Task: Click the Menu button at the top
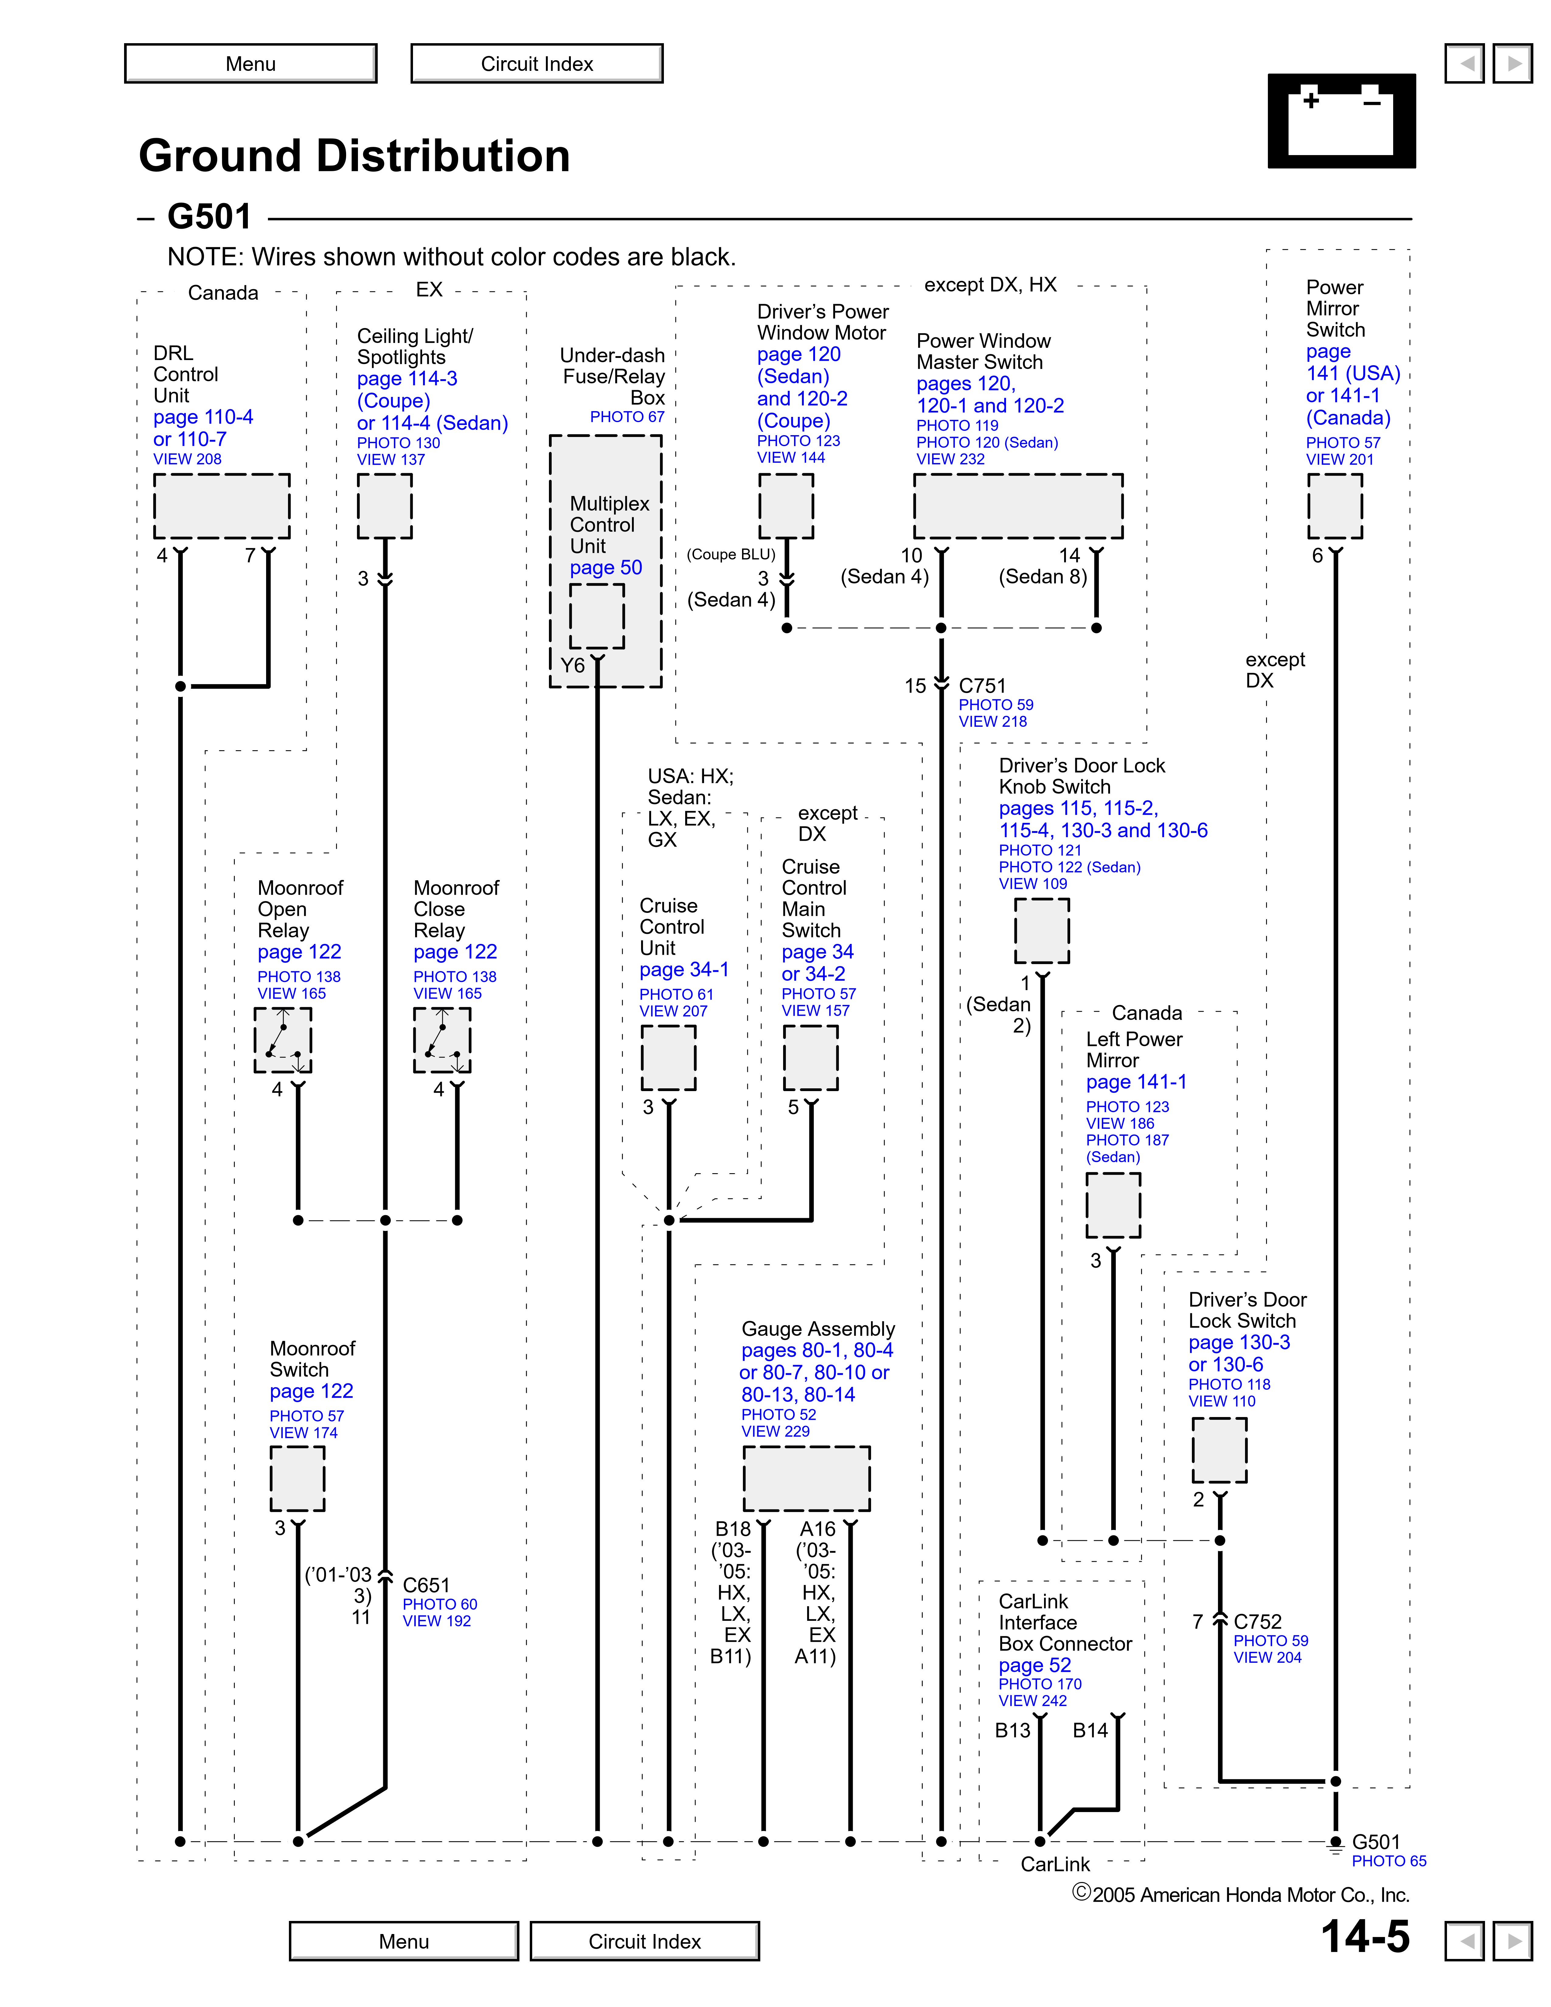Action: (x=251, y=64)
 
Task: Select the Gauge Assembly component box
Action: (x=806, y=1478)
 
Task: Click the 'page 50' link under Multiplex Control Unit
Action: (x=605, y=568)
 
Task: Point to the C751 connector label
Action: (x=982, y=685)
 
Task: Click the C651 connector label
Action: (x=426, y=1585)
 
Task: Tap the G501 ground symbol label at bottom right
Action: (x=1376, y=1842)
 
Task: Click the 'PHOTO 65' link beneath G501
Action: (x=1388, y=1861)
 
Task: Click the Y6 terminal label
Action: (x=572, y=665)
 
